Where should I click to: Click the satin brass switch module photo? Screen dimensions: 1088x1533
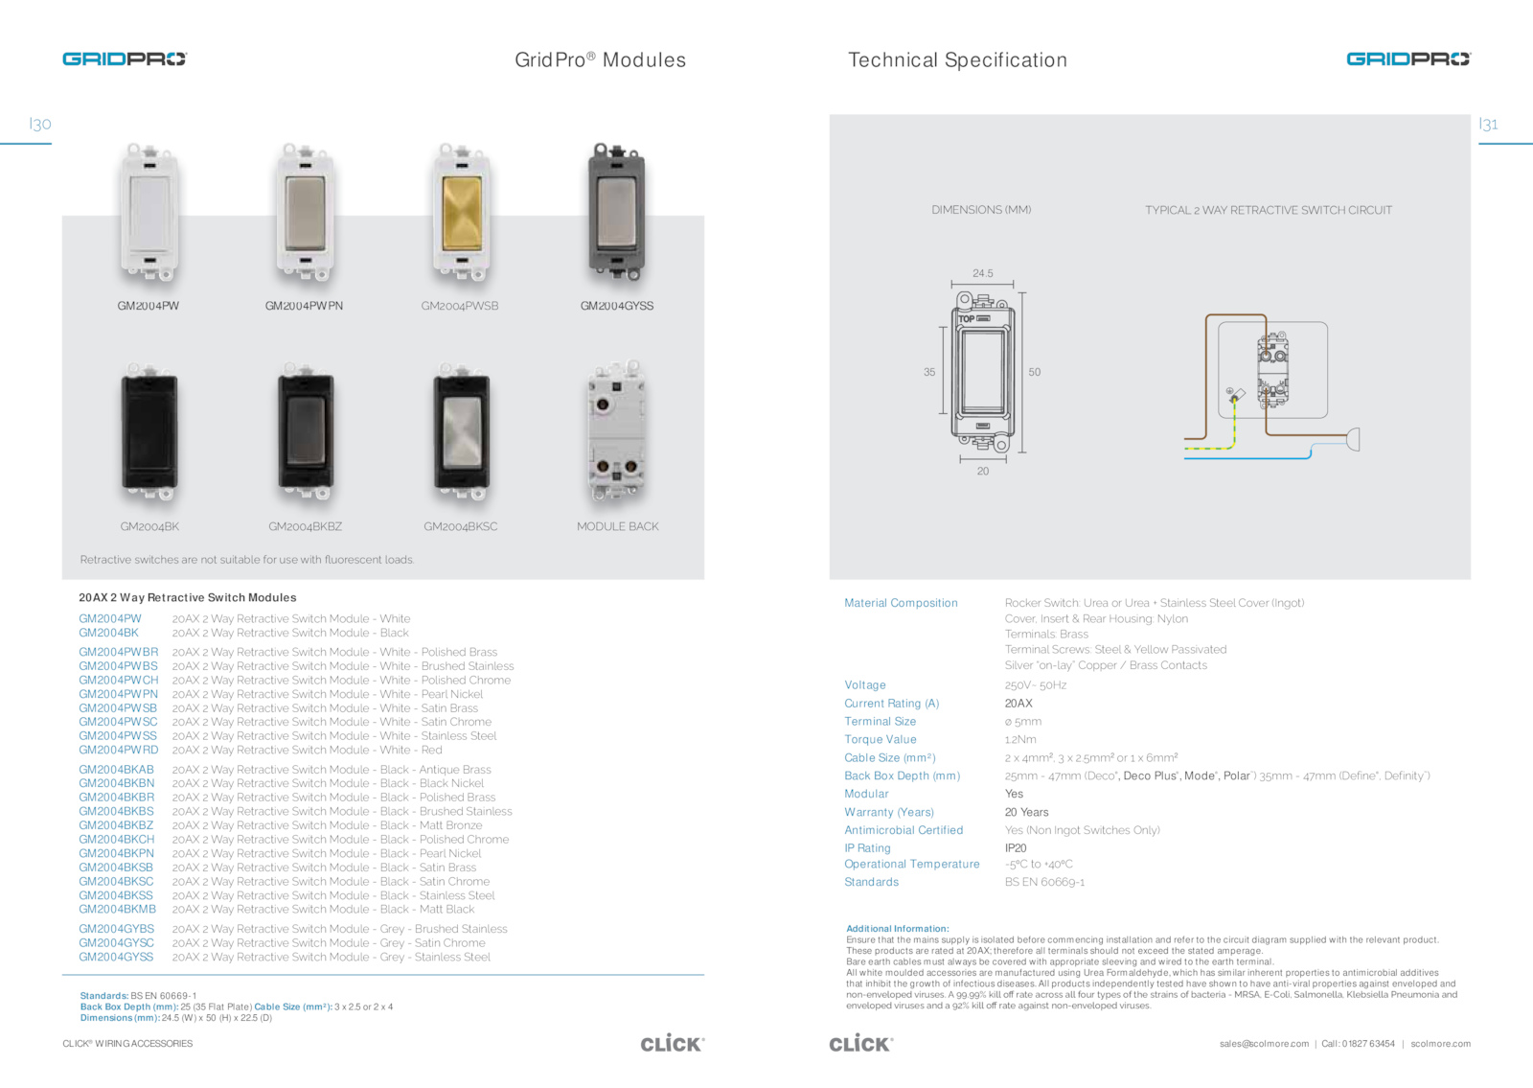(x=461, y=213)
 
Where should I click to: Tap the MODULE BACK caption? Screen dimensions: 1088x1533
(x=617, y=526)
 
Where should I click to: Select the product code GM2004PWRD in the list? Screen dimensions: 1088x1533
(x=118, y=750)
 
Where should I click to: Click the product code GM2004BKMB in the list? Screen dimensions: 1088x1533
(x=117, y=909)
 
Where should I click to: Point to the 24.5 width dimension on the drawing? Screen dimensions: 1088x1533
(x=983, y=273)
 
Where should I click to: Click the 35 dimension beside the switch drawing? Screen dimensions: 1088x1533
(x=929, y=372)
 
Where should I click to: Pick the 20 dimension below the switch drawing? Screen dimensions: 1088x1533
(x=983, y=471)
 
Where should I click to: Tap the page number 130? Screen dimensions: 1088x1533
(x=40, y=124)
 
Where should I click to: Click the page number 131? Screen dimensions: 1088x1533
(x=1488, y=124)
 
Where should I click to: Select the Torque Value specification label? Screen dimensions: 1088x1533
(x=880, y=739)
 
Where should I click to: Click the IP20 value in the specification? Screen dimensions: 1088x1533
(x=1016, y=847)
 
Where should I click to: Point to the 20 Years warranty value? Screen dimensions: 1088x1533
(x=1026, y=812)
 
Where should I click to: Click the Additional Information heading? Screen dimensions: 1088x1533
(x=897, y=928)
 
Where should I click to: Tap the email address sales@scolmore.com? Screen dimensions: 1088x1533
(x=1264, y=1044)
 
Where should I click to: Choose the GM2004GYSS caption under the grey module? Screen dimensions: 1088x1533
(x=617, y=306)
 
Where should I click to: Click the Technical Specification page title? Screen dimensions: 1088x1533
(x=957, y=59)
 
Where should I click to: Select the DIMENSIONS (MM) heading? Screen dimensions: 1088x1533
(x=981, y=210)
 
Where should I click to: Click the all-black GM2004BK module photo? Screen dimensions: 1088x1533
(x=149, y=433)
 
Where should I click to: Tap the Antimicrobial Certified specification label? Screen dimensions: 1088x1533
(x=904, y=830)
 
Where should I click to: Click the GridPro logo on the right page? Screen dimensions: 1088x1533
(x=1407, y=59)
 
